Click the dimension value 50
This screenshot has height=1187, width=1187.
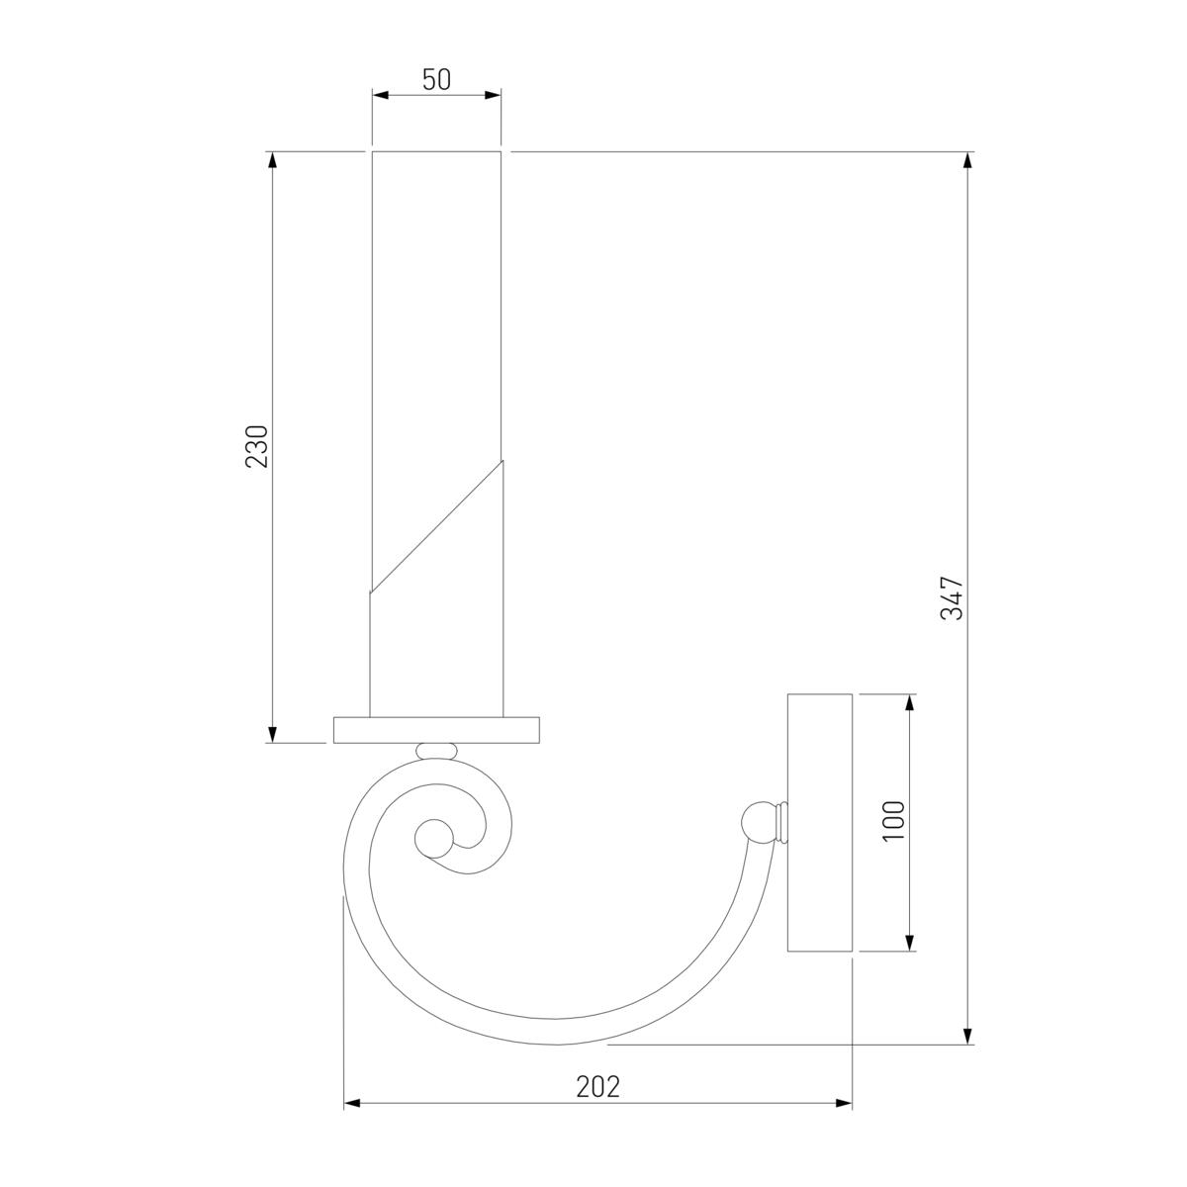[x=436, y=80]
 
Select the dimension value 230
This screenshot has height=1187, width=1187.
[x=257, y=446]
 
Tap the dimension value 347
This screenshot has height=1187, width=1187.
[x=952, y=597]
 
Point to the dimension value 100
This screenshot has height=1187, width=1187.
[x=894, y=821]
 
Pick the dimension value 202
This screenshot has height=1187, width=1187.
[x=598, y=1087]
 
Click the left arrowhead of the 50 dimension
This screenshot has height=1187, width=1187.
[x=380, y=95]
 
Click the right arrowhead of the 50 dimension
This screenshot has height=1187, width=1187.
[x=493, y=95]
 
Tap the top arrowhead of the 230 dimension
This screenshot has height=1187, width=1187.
[x=273, y=159]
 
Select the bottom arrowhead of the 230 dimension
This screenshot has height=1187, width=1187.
[x=273, y=735]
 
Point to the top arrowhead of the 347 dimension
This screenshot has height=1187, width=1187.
[x=967, y=159]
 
